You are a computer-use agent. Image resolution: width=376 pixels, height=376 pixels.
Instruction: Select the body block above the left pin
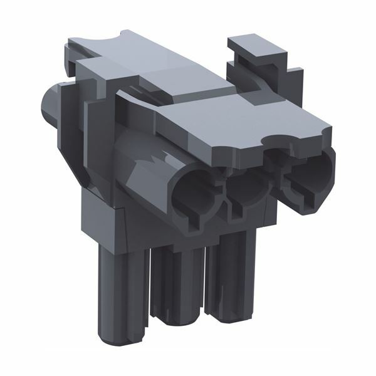pos(103,219)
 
